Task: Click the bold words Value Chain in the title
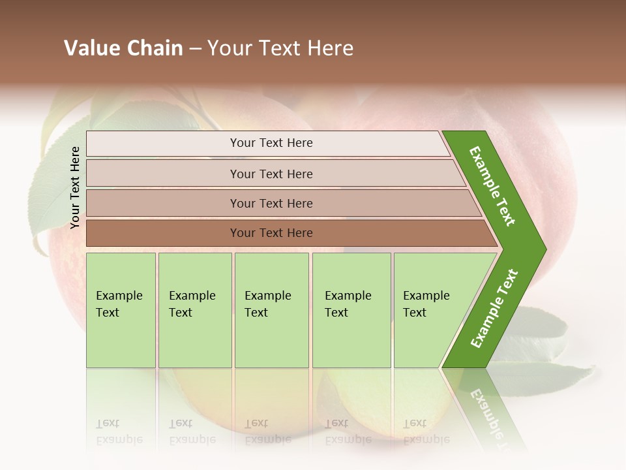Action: (123, 48)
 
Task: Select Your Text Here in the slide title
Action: (280, 48)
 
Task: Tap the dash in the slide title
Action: (195, 49)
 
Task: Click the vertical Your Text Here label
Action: (75, 187)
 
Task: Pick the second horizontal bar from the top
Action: (271, 174)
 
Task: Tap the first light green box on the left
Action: (121, 310)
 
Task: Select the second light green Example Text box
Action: (195, 310)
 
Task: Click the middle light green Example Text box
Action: (271, 310)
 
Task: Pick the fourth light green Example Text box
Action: (351, 310)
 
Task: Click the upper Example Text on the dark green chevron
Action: (492, 186)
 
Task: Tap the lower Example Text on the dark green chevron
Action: (494, 309)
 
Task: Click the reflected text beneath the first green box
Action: (119, 431)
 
